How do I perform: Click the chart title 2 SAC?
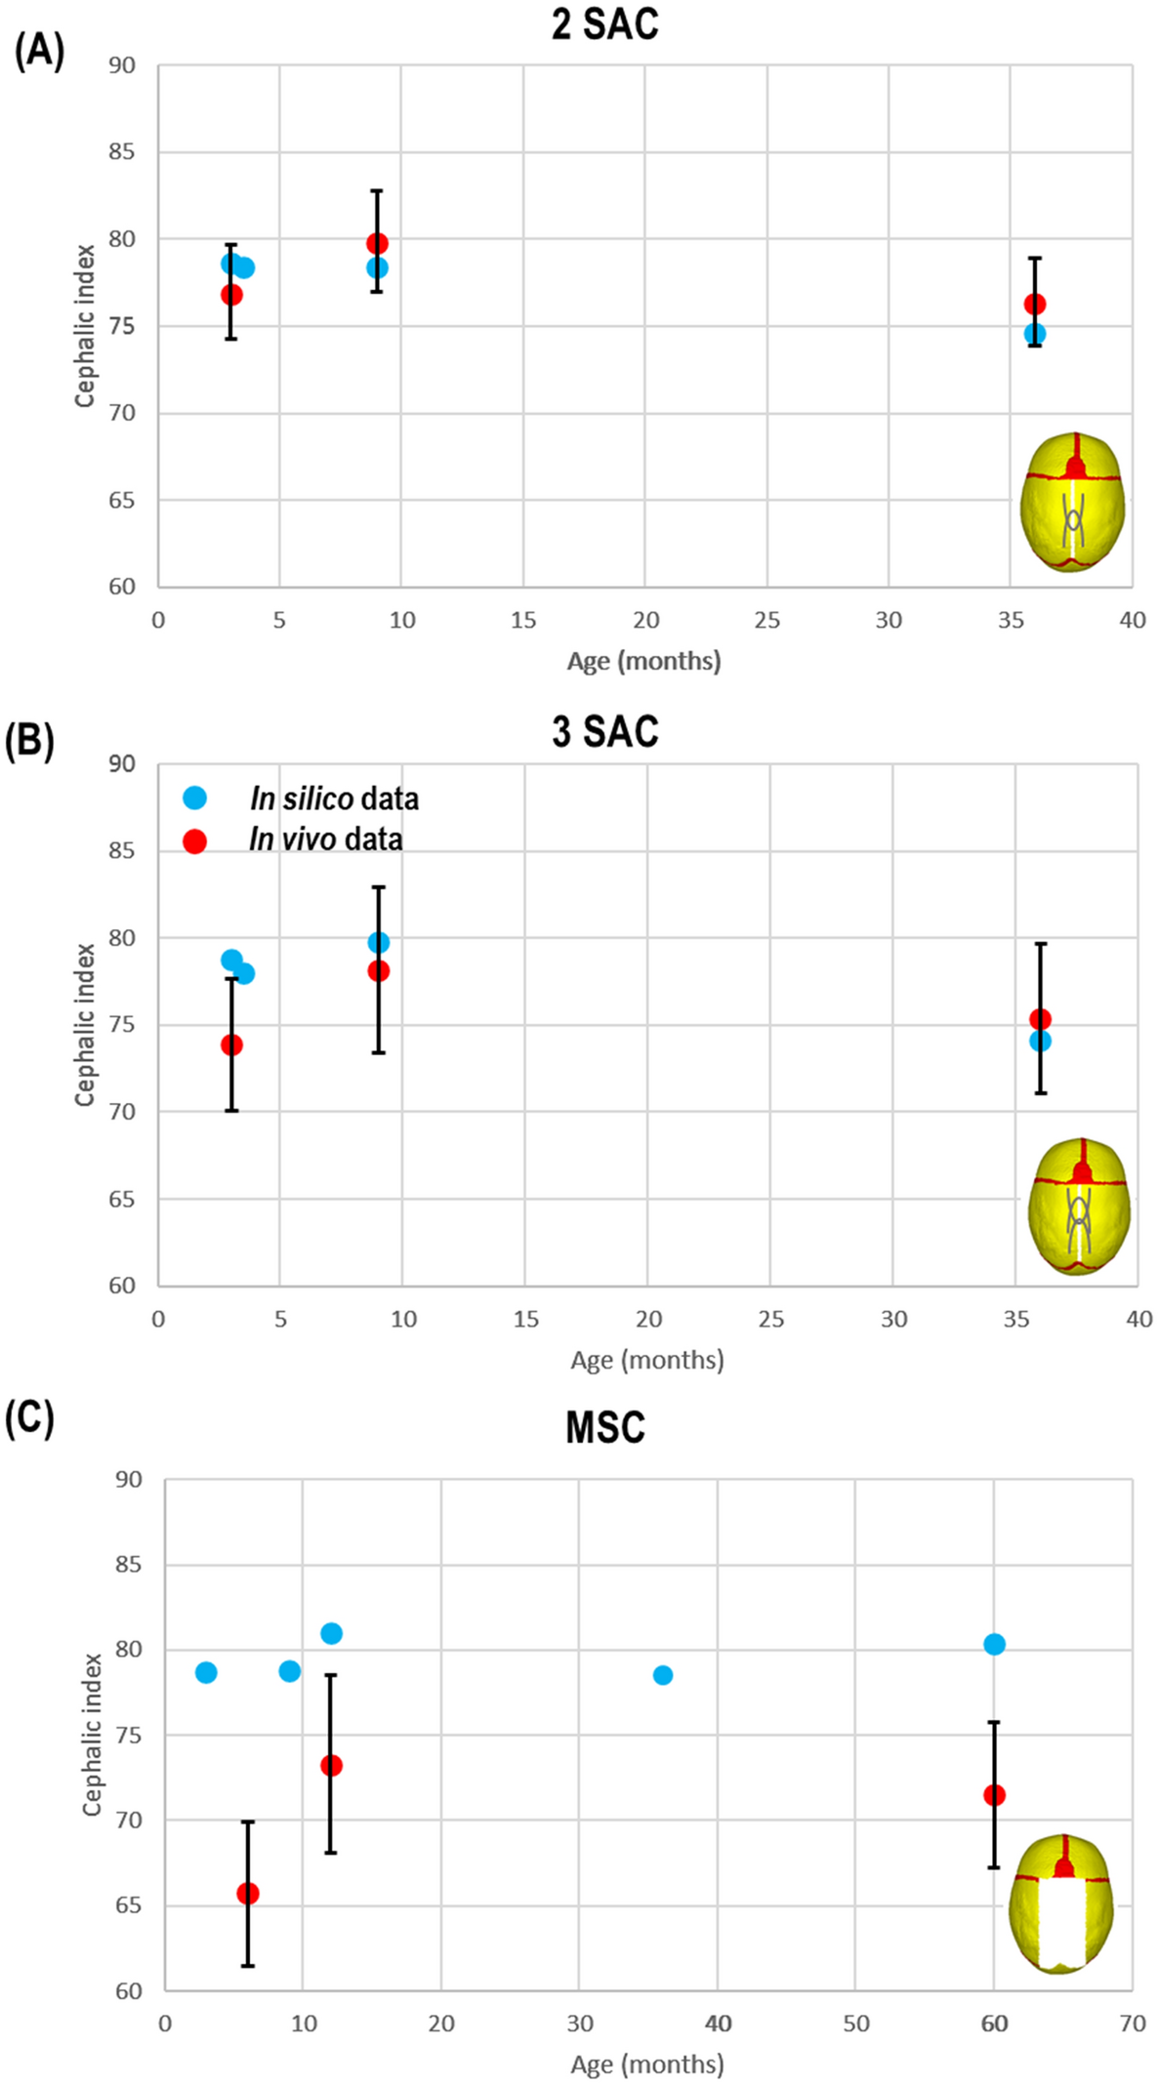click(x=604, y=24)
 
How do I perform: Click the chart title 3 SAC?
click(x=604, y=731)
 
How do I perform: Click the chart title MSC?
click(x=604, y=1428)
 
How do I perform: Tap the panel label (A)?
click(x=39, y=50)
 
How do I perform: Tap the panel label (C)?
click(x=29, y=1418)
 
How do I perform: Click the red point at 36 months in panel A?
click(x=1035, y=305)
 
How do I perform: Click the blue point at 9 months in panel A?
click(x=377, y=267)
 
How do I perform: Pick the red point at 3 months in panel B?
click(x=231, y=1044)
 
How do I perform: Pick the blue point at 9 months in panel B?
click(x=378, y=943)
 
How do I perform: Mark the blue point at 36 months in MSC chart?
click(x=662, y=1675)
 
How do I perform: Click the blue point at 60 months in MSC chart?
click(x=994, y=1645)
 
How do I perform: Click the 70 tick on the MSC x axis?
click(x=1132, y=2024)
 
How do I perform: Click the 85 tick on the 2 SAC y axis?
click(x=122, y=152)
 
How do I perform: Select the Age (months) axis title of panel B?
click(x=647, y=1360)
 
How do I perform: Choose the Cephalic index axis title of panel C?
click(x=93, y=1734)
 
